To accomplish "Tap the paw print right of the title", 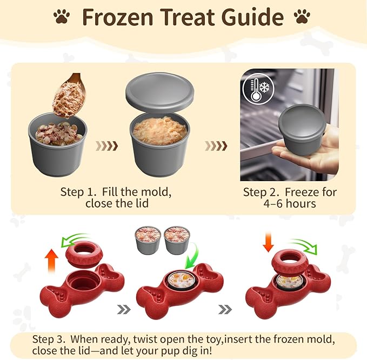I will tap(301, 17).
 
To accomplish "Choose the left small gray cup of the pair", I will tap(147, 242).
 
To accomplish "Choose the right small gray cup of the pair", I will tap(177, 242).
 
